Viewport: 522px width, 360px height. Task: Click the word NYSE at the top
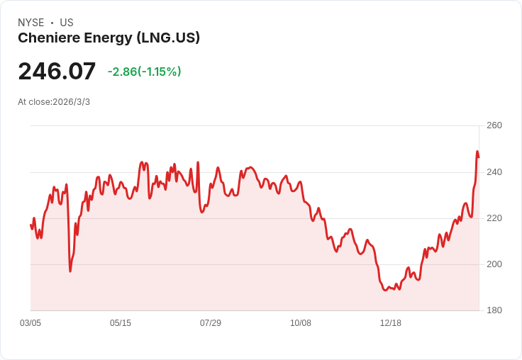coord(30,23)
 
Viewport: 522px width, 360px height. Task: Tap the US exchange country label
coord(67,23)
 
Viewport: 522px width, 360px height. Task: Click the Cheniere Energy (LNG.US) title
coord(109,38)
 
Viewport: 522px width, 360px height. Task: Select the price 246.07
coord(57,71)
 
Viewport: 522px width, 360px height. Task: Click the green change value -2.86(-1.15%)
coord(144,72)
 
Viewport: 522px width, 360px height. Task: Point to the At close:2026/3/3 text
coord(54,102)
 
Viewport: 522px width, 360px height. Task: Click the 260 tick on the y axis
coord(494,125)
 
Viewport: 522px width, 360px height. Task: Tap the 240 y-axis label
coord(494,172)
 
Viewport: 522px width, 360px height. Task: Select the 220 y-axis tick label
coord(494,218)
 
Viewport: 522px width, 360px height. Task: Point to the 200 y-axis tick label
coord(494,264)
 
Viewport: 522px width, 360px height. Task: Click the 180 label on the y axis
coord(494,310)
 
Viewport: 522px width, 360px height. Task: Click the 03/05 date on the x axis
coord(30,323)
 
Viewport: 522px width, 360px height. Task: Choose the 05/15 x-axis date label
coord(121,323)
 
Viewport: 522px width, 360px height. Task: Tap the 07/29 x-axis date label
coord(211,323)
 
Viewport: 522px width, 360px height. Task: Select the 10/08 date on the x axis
coord(301,323)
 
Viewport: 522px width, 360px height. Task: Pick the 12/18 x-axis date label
coord(391,323)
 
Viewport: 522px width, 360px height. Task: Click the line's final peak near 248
coord(477,152)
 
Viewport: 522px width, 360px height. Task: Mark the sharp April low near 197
coord(70,271)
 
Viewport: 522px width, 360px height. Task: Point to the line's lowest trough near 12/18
coord(385,290)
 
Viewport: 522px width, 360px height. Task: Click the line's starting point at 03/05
coord(30,225)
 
